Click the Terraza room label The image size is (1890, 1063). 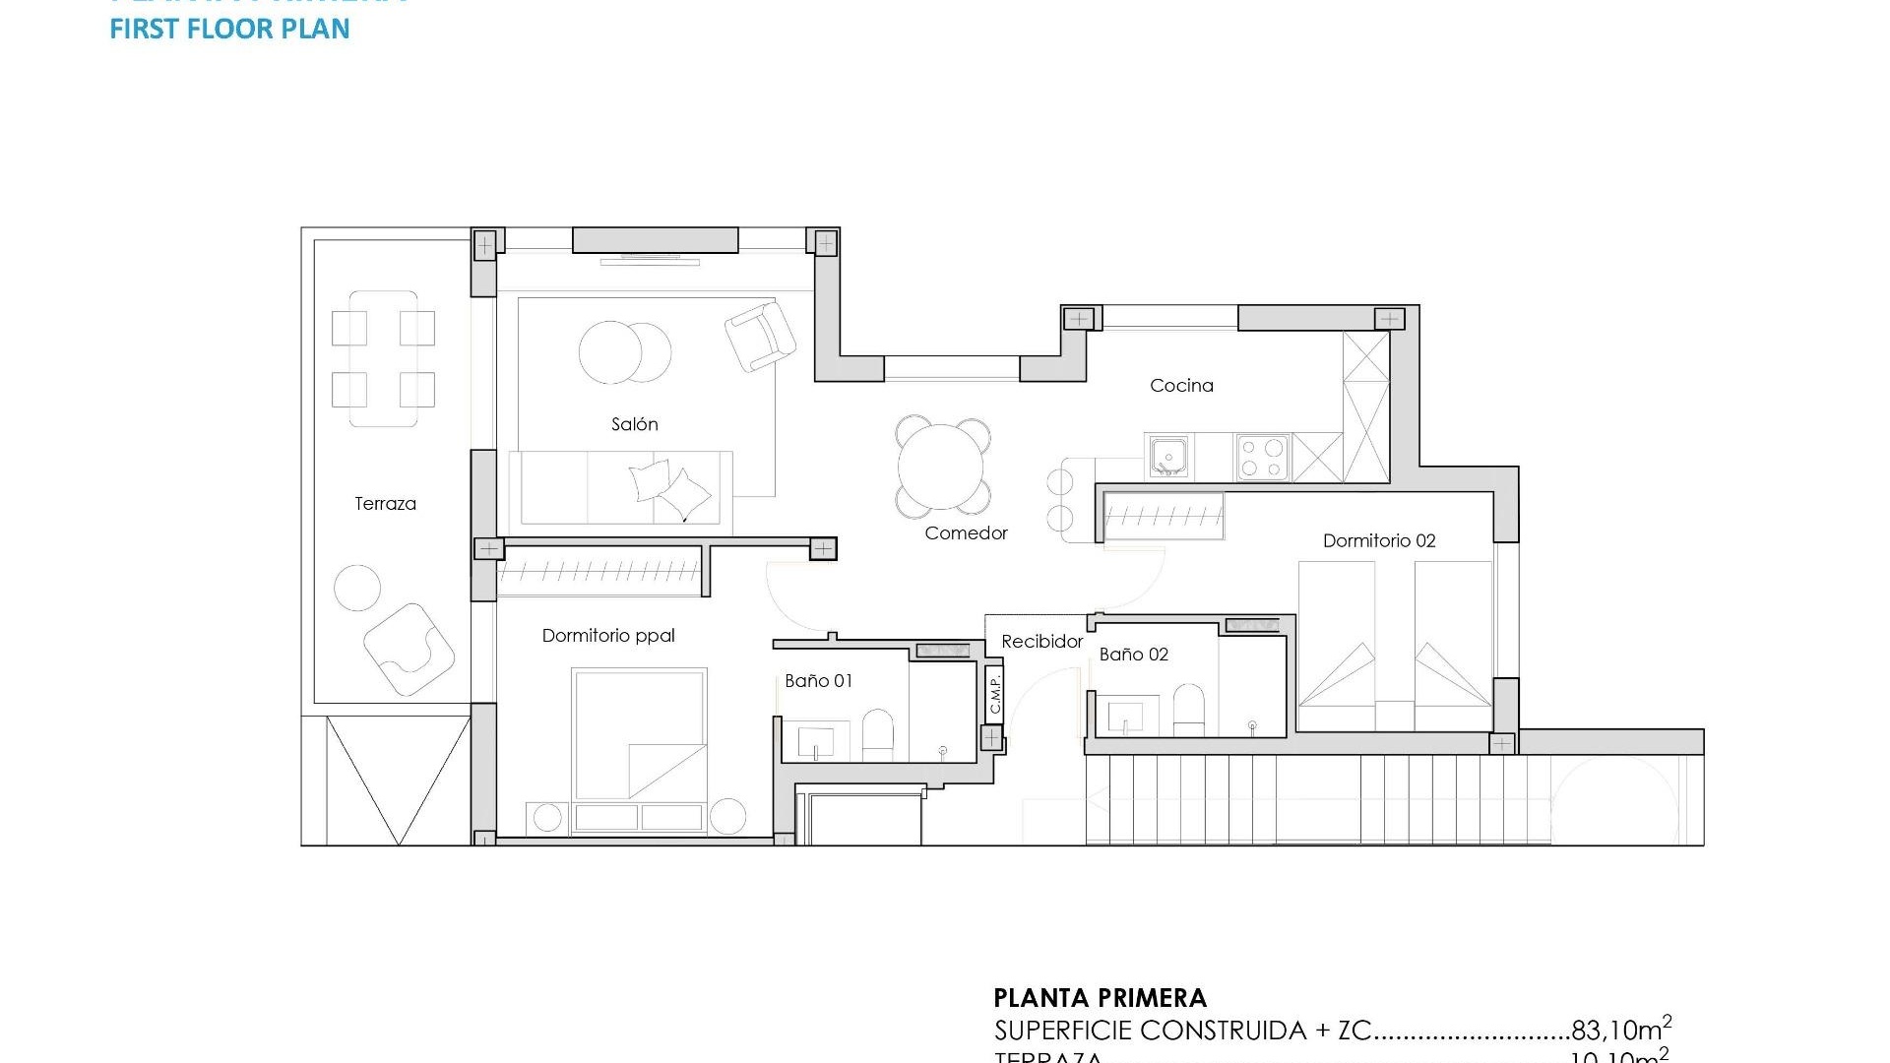click(385, 504)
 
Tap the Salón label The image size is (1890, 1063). click(634, 424)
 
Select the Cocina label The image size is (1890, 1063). click(1181, 386)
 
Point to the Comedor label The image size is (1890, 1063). click(966, 533)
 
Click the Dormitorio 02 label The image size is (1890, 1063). click(1378, 540)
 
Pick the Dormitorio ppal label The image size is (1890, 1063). click(608, 636)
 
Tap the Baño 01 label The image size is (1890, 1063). click(818, 681)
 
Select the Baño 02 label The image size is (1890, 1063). click(1133, 655)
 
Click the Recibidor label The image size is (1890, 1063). click(1041, 642)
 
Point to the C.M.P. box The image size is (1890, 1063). click(994, 693)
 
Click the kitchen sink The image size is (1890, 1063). click(1168, 458)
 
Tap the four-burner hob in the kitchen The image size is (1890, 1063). click(1263, 458)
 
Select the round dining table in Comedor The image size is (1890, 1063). click(941, 467)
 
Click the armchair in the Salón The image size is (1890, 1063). click(760, 336)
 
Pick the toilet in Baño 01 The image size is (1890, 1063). click(877, 735)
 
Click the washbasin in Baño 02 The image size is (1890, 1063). click(1127, 716)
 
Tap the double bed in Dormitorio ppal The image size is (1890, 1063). click(640, 734)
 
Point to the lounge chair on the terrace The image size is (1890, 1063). click(409, 648)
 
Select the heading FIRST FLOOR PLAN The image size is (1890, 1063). click(229, 29)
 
